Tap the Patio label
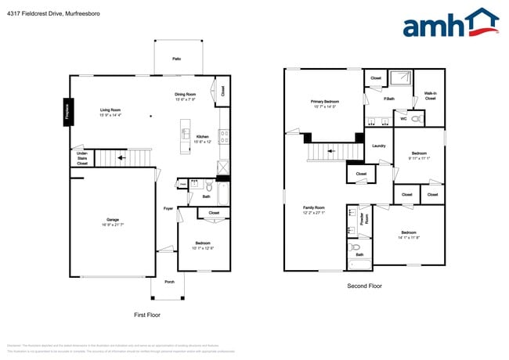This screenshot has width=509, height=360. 177,59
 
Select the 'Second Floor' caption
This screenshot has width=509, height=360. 364,286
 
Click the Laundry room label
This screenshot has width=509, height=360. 378,146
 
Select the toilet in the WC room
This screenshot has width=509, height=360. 417,119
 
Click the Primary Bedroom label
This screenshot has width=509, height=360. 324,103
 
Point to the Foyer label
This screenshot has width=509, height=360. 168,209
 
